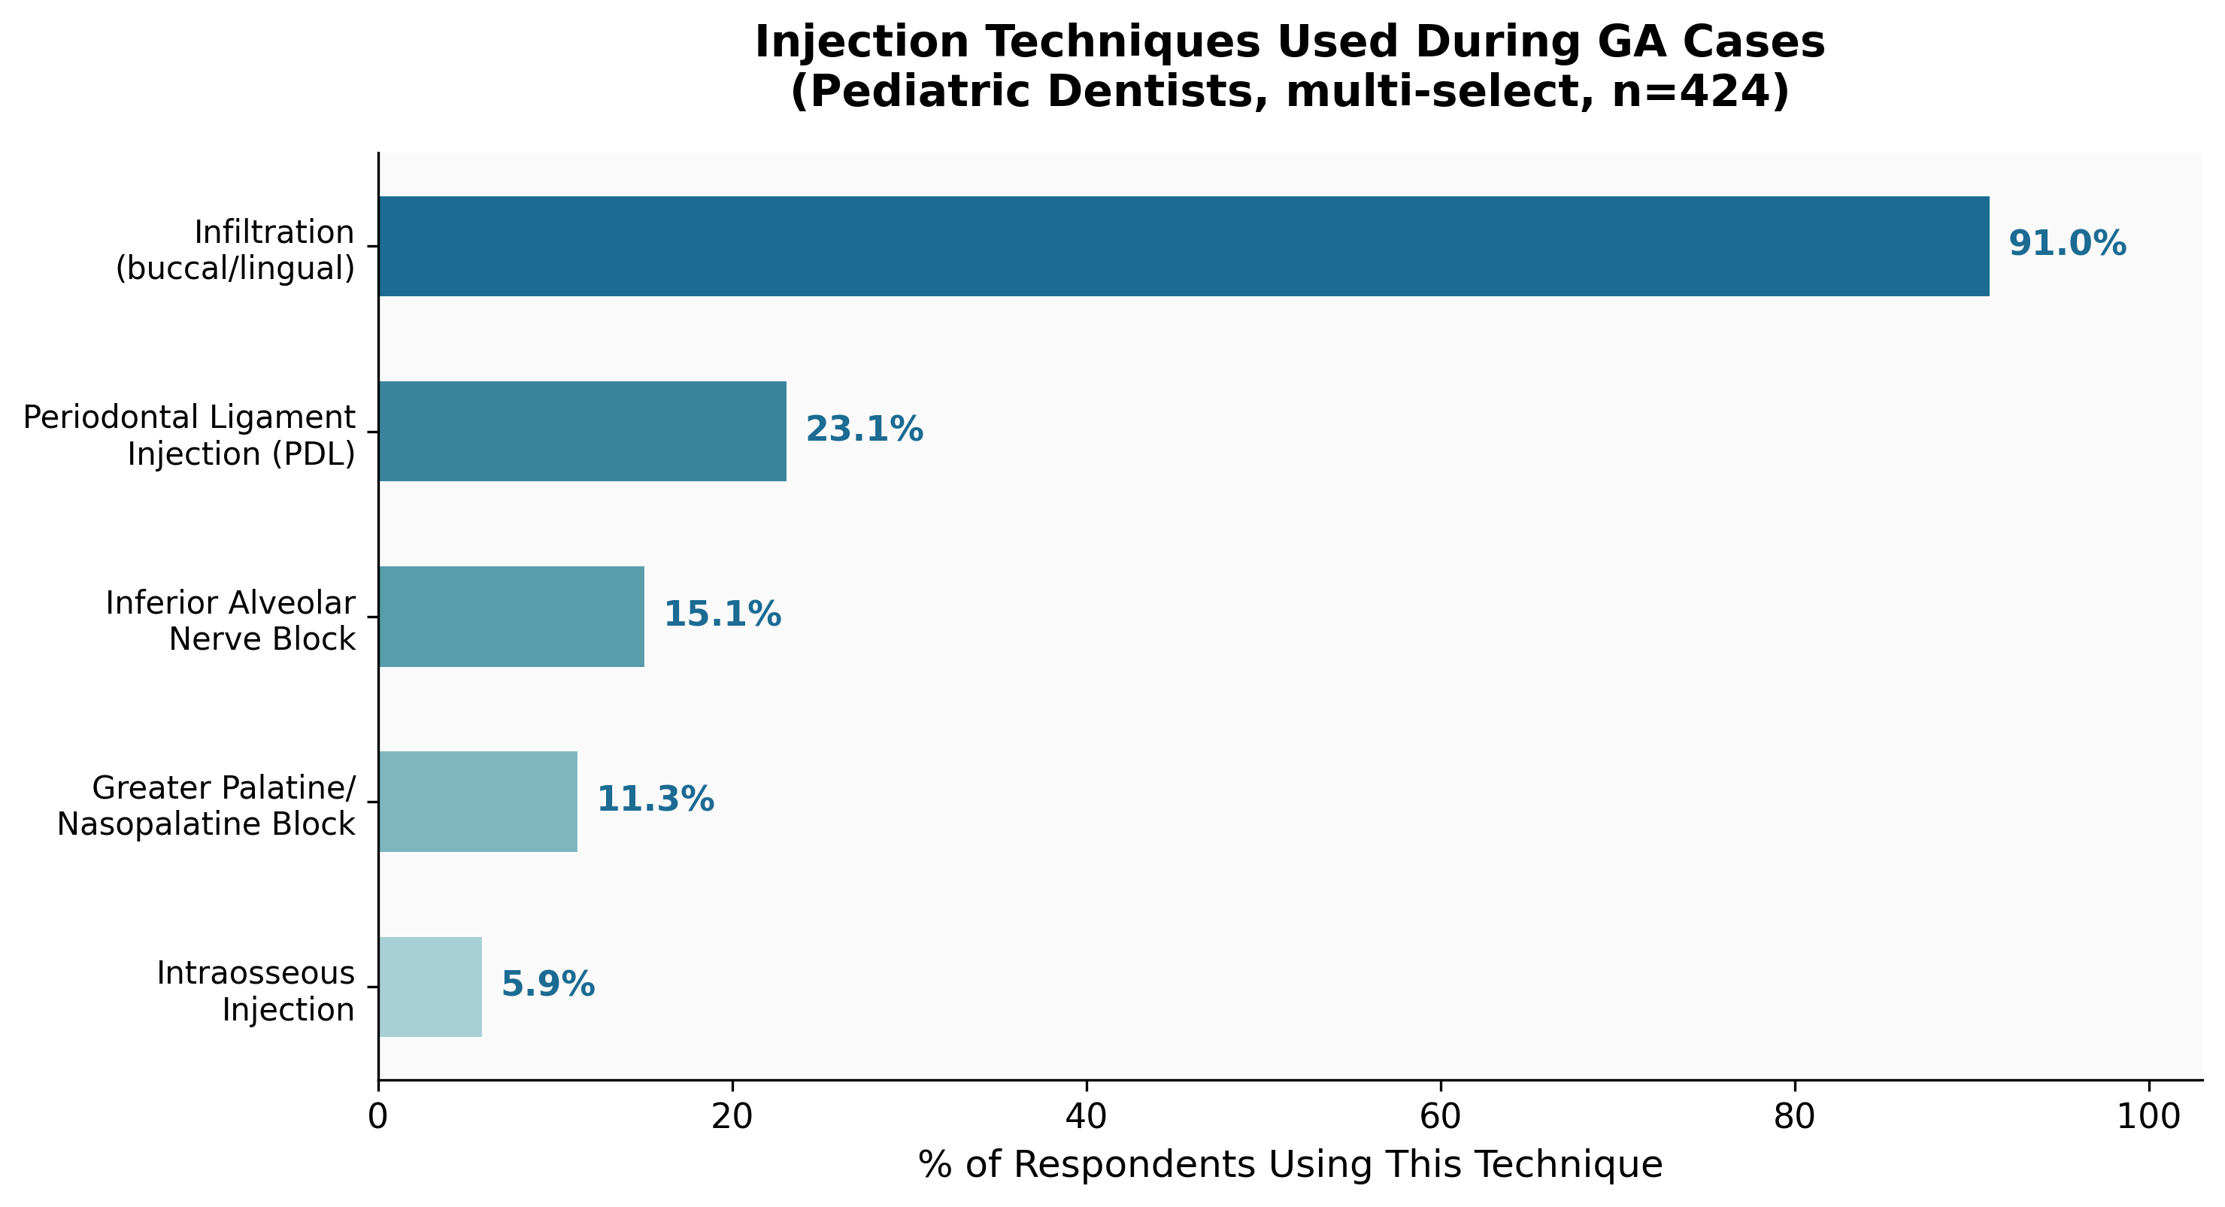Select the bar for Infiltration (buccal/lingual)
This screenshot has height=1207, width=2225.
(1184, 246)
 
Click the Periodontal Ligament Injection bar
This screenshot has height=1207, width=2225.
(582, 431)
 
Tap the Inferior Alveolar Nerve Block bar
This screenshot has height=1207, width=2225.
(511, 616)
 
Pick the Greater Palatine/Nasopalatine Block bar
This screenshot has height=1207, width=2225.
(477, 801)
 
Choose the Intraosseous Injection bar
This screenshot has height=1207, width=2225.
(430, 987)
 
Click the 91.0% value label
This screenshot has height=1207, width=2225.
(2067, 244)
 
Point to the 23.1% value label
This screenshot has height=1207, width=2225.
(864, 429)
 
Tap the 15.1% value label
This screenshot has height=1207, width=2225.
(722, 614)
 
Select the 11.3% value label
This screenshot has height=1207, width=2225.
(656, 799)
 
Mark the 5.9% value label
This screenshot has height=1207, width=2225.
(547, 984)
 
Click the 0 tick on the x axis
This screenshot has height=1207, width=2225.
(377, 1116)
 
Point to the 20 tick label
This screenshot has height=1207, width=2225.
(732, 1116)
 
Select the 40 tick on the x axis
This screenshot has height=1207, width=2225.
(1086, 1116)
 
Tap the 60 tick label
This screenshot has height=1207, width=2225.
(1441, 1116)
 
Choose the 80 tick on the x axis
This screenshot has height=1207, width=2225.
(1795, 1116)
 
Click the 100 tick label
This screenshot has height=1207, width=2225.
(2149, 1116)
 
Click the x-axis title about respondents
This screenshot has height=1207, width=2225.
(1290, 1165)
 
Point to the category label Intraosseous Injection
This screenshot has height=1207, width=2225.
(256, 991)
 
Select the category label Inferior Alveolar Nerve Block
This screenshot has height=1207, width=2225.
(231, 620)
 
